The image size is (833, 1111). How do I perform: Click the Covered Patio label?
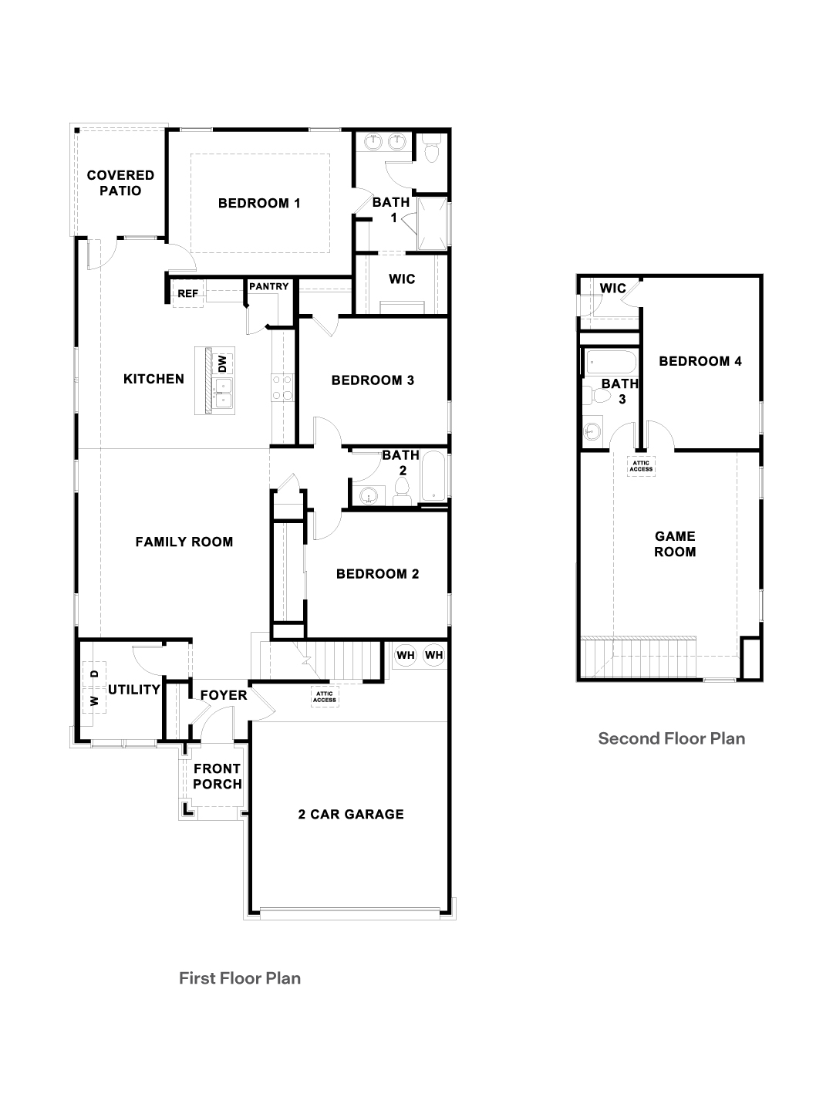coord(120,183)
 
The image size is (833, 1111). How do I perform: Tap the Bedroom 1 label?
coord(259,204)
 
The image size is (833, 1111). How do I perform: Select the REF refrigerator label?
coord(187,294)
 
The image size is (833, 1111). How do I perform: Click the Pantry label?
coord(269,286)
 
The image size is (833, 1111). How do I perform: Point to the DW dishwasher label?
coord(223,363)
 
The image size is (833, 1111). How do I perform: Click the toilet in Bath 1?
coord(431,149)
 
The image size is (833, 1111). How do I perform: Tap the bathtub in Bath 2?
coord(433,476)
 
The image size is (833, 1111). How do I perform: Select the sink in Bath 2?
coord(369,495)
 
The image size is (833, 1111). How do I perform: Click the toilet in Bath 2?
coord(403,492)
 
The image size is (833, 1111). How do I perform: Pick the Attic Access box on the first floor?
coord(325,697)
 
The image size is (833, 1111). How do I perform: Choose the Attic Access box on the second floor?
coord(641,466)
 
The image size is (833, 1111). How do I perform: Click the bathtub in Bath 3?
coord(611,362)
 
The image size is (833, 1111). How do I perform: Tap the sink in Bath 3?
coord(592,431)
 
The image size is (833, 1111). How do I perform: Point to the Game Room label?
coord(675,544)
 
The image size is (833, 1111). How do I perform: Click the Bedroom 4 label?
coord(700,361)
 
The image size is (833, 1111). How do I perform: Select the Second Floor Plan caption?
coord(672,738)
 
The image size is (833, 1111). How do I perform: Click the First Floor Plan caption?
coord(240,978)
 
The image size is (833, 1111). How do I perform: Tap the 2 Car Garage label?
coord(351,815)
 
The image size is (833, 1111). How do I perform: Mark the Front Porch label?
coord(218,776)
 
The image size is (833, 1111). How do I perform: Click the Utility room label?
coord(134,690)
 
